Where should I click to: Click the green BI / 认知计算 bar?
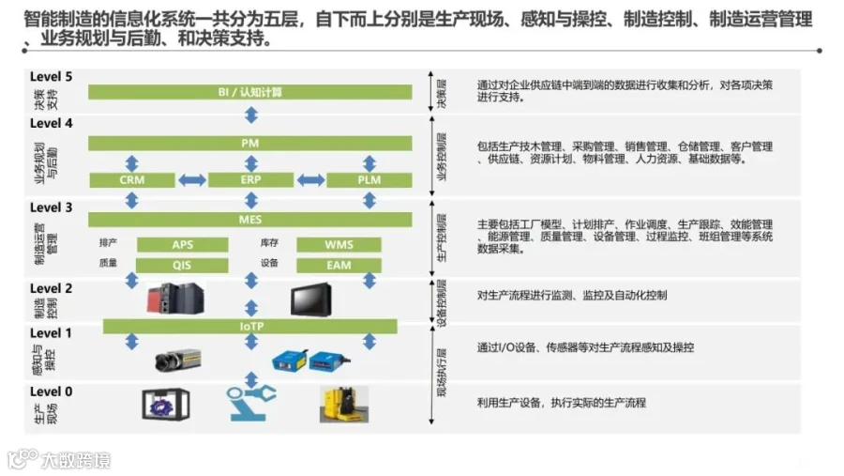[250, 92]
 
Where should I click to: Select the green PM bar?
[250, 143]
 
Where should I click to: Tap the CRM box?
[132, 179]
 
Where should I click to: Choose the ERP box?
[250, 179]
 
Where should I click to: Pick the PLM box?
[369, 179]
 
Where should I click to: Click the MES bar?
[250, 219]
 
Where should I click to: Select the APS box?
[182, 245]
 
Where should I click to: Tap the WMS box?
[339, 245]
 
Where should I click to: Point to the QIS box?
[182, 266]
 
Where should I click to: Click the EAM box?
[339, 266]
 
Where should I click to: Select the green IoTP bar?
[250, 326]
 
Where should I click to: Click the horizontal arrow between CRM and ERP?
[191, 179]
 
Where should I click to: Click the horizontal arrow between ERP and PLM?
[310, 179]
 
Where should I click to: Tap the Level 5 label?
[51, 76]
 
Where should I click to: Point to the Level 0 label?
[51, 392]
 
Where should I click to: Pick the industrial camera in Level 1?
[178, 360]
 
